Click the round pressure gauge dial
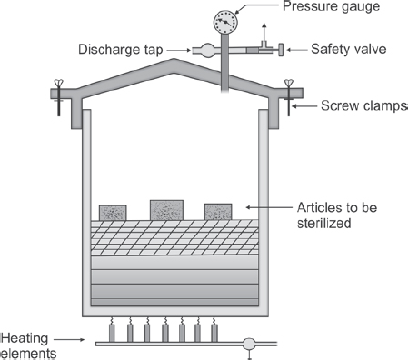click(x=225, y=22)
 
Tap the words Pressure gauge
click(x=331, y=6)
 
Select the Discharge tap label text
click(x=121, y=49)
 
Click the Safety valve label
click(x=349, y=49)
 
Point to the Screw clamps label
click(x=364, y=105)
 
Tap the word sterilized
click(x=324, y=223)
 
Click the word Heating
click(x=25, y=338)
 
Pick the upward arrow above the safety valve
click(x=264, y=32)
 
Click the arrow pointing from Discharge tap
click(x=178, y=50)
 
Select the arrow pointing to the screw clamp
click(x=304, y=106)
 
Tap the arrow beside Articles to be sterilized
click(x=269, y=207)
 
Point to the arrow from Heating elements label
click(x=69, y=339)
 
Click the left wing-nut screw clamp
click(x=58, y=97)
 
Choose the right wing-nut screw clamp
click(x=289, y=97)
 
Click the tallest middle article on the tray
click(x=166, y=210)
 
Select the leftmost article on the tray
click(x=113, y=213)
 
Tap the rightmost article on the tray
click(x=218, y=212)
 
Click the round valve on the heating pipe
click(x=249, y=344)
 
